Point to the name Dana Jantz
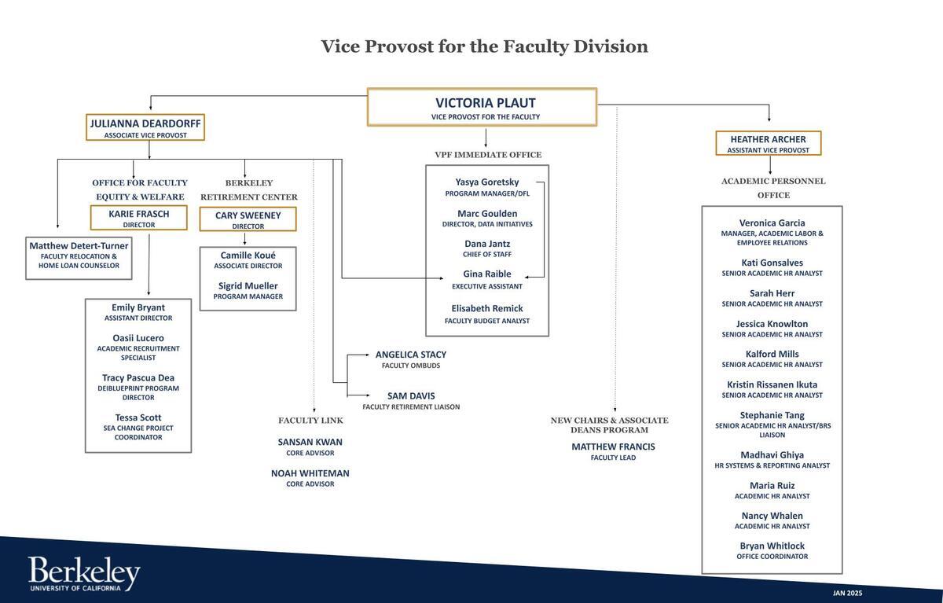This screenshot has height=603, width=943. coord(487,244)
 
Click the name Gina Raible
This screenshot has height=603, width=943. coord(487,274)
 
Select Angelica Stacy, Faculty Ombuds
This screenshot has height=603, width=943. coord(411,359)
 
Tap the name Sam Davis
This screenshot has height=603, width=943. coord(411,395)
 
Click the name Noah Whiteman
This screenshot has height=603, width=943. coord(310,473)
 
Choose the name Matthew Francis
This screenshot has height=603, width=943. coord(614,447)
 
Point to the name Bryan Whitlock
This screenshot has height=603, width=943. coord(772,546)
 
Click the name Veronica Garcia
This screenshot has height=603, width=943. coord(772,222)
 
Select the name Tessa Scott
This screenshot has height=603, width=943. coord(138,417)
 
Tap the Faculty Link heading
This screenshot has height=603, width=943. coord(310,421)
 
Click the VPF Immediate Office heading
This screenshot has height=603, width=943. coord(488,155)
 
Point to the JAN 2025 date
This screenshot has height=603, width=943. coord(847,593)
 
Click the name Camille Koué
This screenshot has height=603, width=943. coord(248,256)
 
